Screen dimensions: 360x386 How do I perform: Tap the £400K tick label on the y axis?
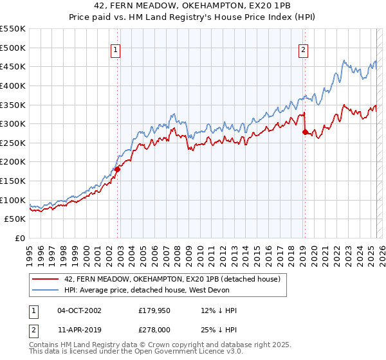13,85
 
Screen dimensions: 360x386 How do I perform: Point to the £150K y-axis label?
13,181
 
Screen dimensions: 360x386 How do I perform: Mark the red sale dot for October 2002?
117,170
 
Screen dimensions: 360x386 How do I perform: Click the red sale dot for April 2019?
305,132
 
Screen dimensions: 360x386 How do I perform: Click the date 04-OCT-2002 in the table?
79,310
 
